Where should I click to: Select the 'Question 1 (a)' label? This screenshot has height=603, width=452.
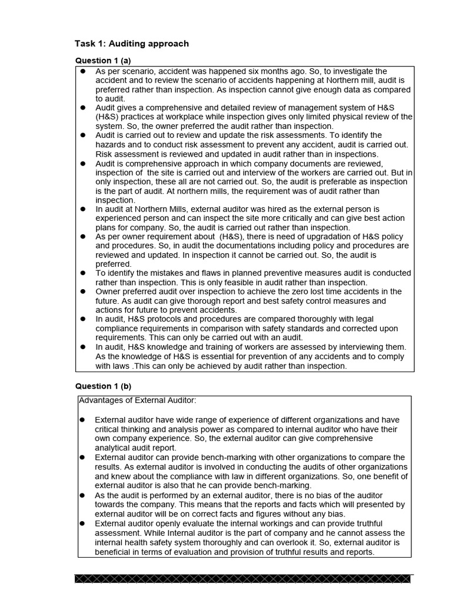[x=103, y=61]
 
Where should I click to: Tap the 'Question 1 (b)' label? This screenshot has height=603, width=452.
[x=103, y=386]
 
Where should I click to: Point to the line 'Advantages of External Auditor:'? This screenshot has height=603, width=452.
[x=137, y=400]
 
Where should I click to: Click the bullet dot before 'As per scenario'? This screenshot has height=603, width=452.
[x=83, y=71]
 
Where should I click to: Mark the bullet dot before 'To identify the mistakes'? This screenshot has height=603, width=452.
[x=83, y=273]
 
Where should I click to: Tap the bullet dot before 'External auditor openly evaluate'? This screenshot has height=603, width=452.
[x=83, y=524]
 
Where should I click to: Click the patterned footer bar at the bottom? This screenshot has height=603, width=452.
[x=243, y=579]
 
